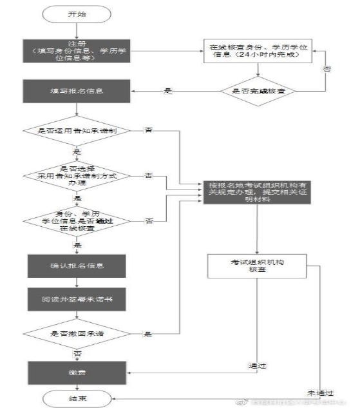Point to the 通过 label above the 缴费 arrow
tap(255, 366)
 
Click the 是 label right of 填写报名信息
tap(169, 92)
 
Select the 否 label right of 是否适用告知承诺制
tap(148, 131)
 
